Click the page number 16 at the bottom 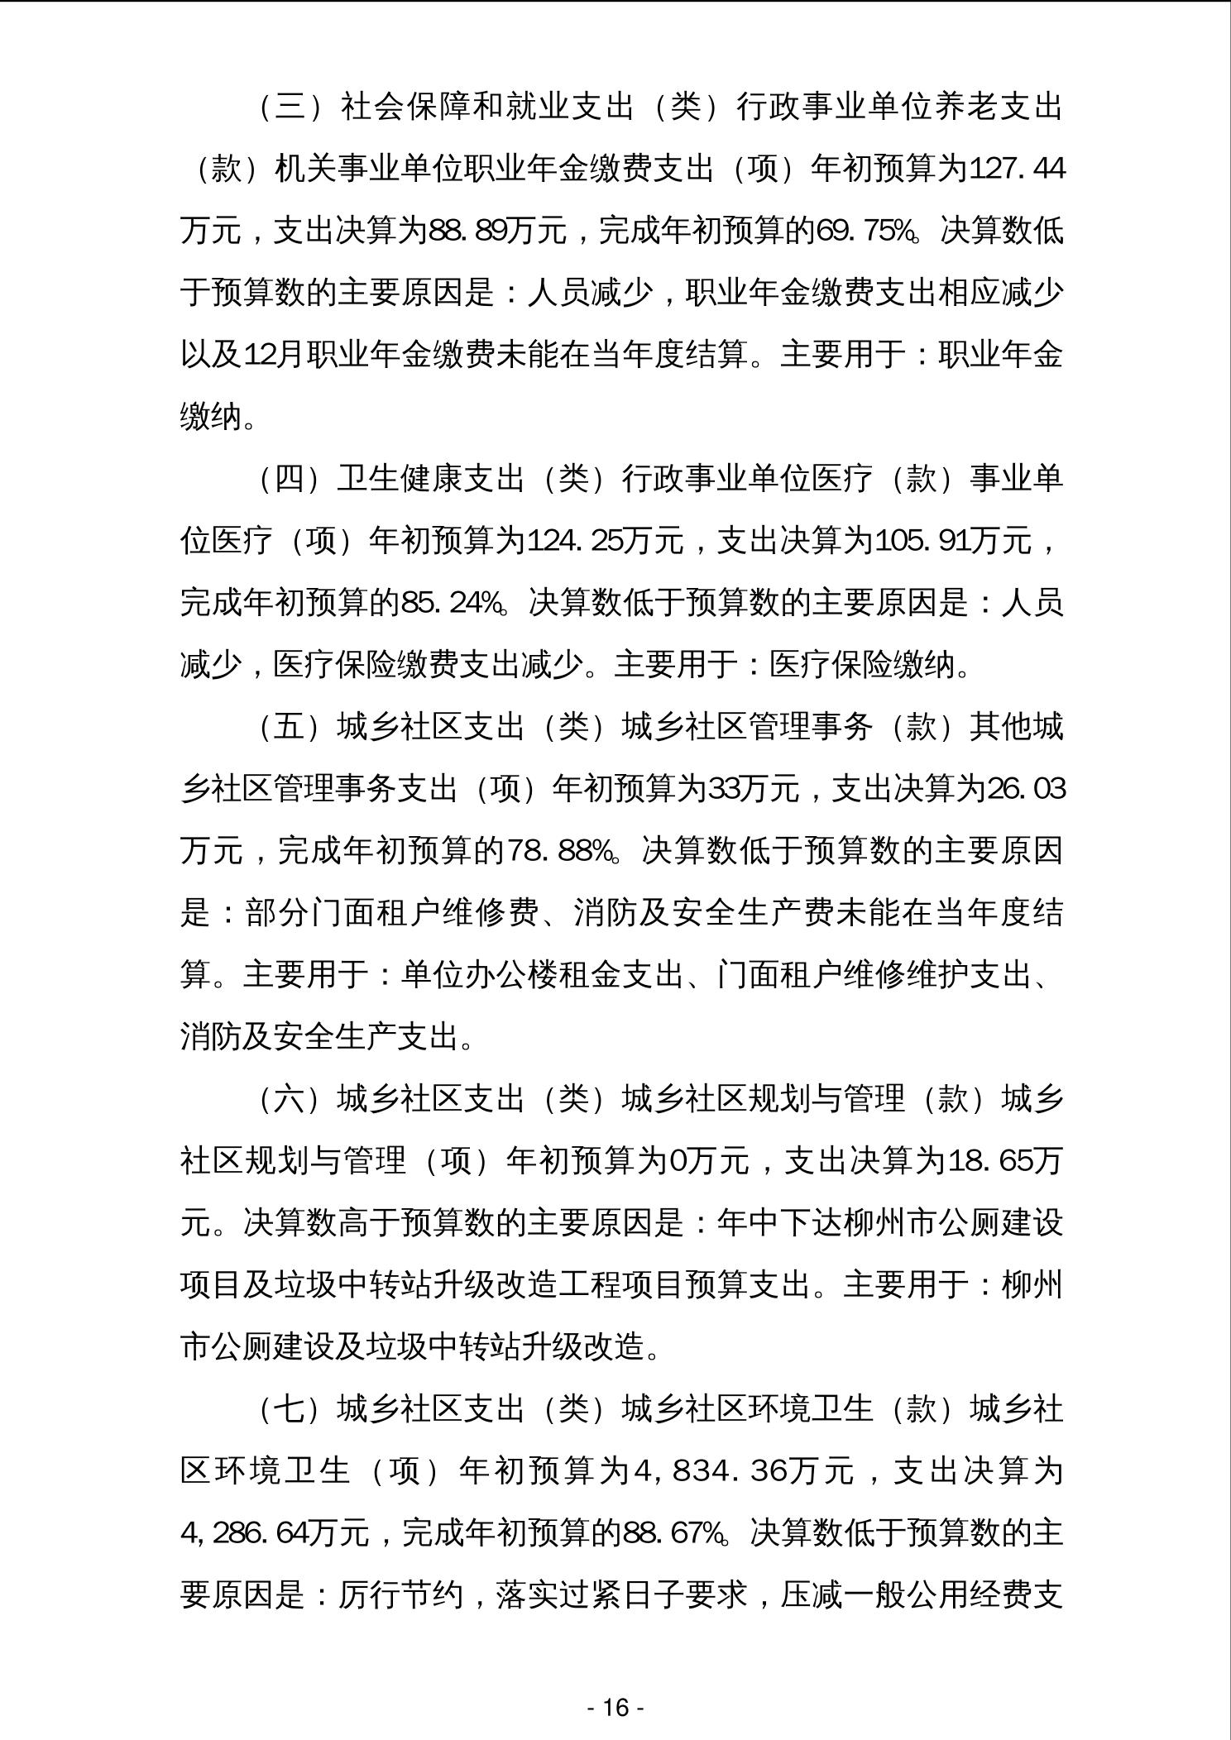[615, 1707]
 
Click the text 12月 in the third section [274, 356]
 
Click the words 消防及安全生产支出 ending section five [319, 1037]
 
